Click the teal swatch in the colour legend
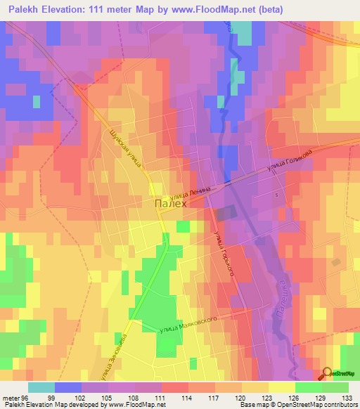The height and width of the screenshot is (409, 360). click(x=41, y=387)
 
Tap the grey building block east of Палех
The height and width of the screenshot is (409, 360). click(x=225, y=213)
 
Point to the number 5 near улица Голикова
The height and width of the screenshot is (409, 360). click(x=277, y=195)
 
